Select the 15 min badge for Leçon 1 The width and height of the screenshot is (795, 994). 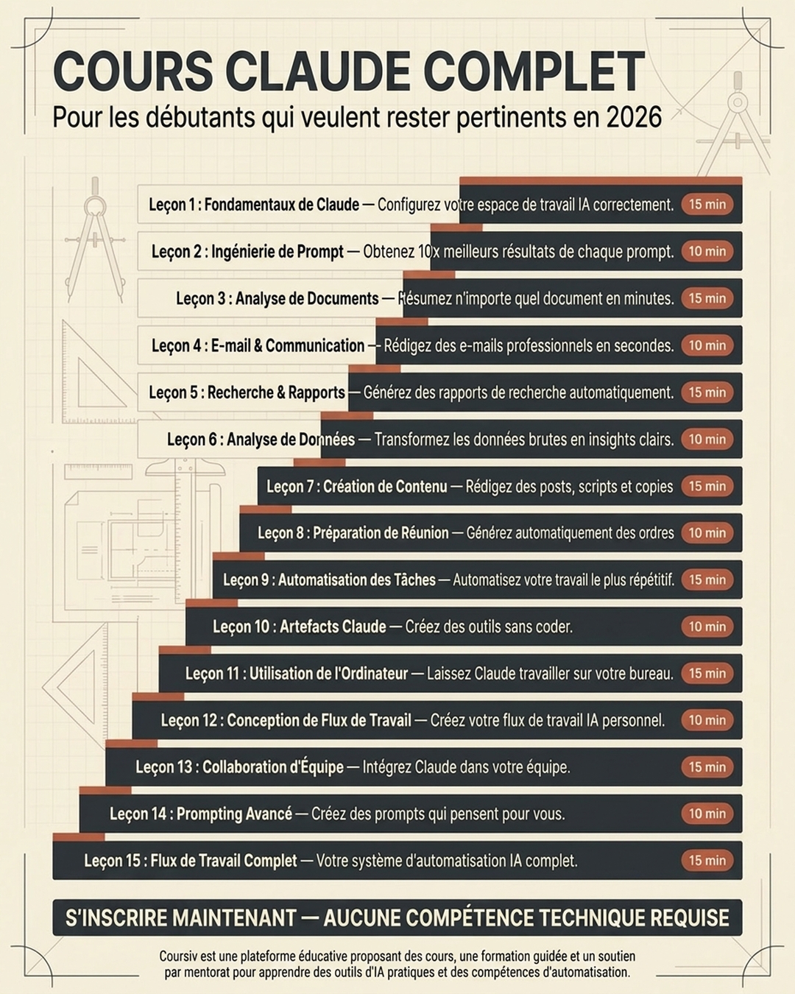click(x=707, y=204)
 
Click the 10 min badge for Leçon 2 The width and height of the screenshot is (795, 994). click(x=707, y=251)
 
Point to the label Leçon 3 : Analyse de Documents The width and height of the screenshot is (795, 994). click(x=278, y=298)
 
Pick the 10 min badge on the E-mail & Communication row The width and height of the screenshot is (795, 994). click(x=707, y=345)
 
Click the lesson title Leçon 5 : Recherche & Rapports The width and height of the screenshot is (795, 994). click(x=247, y=392)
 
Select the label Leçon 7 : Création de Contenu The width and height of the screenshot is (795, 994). click(x=356, y=487)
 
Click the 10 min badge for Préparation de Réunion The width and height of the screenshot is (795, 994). click(x=707, y=533)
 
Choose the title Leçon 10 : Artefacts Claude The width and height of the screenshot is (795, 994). click(x=300, y=627)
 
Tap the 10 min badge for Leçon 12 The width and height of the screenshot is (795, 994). click(x=707, y=720)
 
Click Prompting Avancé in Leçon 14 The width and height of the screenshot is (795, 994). click(x=234, y=814)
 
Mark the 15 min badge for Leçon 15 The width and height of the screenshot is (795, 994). click(x=707, y=861)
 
